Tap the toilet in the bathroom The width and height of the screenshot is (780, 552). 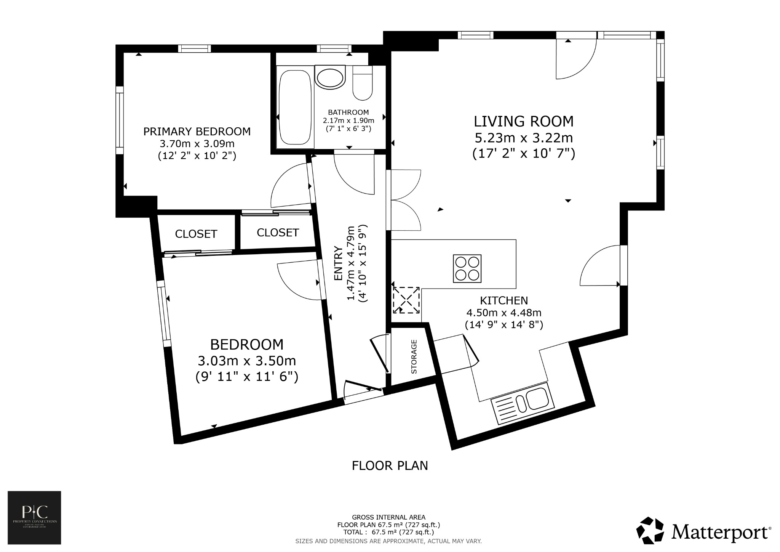[x=362, y=83]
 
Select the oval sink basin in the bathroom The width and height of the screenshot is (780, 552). [x=330, y=78]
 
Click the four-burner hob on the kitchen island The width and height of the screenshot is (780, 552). [x=467, y=268]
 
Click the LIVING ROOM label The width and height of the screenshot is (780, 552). [x=523, y=121]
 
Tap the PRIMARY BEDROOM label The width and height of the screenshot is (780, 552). [x=197, y=132]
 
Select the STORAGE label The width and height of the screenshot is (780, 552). [x=414, y=356]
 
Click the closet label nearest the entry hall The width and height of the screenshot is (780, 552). [x=278, y=233]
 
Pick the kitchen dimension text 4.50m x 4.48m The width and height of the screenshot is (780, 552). [x=504, y=313]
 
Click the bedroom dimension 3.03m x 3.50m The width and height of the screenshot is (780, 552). [x=247, y=361]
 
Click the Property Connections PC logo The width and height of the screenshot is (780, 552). [x=34, y=517]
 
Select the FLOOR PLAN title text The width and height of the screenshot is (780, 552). [x=390, y=466]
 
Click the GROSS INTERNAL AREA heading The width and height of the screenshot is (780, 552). [x=388, y=517]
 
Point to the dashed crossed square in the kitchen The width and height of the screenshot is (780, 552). [x=406, y=300]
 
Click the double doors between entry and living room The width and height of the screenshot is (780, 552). [x=404, y=200]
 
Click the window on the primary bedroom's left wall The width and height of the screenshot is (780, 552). [x=120, y=120]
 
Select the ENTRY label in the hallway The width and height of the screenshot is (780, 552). [x=338, y=264]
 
